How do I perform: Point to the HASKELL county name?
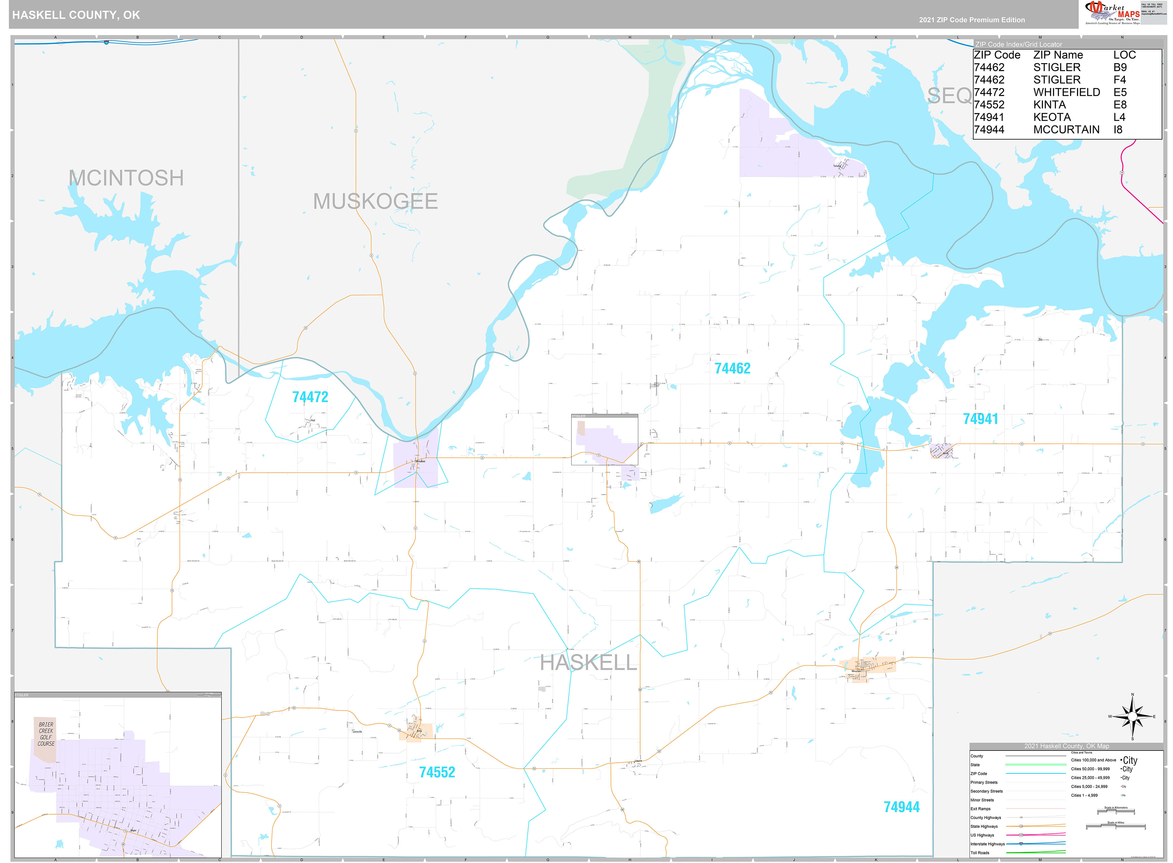[588, 663]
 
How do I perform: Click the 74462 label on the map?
[732, 369]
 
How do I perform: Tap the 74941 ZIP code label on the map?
[980, 419]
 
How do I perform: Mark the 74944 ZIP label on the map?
[901, 807]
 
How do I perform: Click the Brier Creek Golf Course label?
[46, 734]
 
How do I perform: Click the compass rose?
[1132, 717]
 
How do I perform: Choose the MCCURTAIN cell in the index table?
[1066, 129]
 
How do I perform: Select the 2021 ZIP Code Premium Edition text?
[972, 20]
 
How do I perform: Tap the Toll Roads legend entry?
[980, 853]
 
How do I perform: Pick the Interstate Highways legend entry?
[987, 844]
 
